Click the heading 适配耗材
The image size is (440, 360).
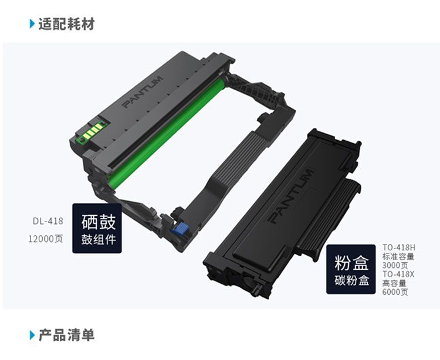coord(66,24)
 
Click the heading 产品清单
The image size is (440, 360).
coord(66,335)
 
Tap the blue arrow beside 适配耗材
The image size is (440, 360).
coord(32,24)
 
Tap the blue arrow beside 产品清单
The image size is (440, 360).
coord(32,335)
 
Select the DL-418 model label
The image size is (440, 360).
coord(48,221)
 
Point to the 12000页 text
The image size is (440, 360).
coord(45,239)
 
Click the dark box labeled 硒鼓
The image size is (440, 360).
coord(97,228)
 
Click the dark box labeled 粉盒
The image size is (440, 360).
coord(351,269)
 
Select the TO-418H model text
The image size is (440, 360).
coord(399,247)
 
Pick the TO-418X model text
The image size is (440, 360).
coord(398,274)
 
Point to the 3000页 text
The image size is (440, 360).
coord(395,265)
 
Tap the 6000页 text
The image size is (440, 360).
coord(395,292)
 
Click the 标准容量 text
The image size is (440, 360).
coord(398,256)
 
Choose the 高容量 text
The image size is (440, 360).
coord(394,283)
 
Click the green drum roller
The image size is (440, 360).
coord(165,132)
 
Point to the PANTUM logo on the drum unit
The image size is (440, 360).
coord(143,91)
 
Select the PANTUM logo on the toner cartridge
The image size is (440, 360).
coord(291,196)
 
